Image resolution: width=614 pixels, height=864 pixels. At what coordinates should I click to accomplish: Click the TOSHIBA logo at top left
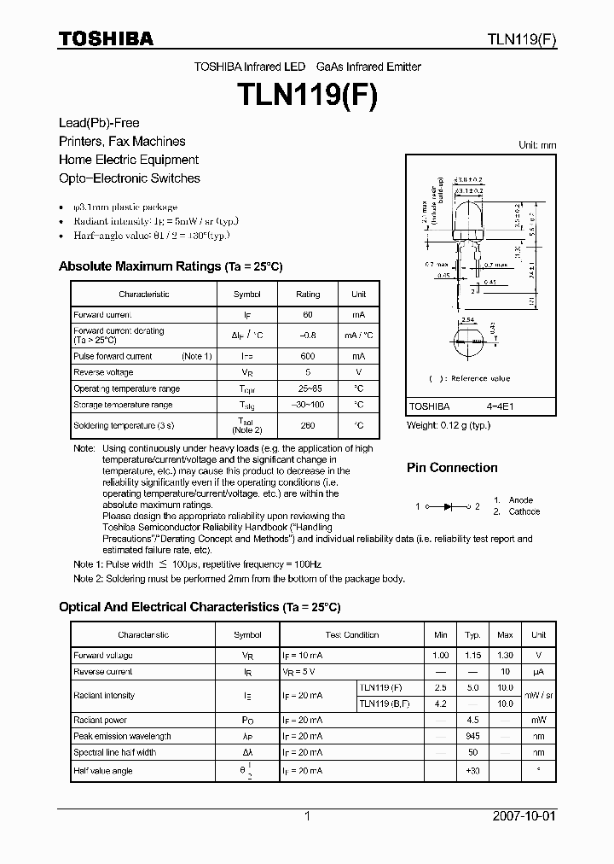(106, 38)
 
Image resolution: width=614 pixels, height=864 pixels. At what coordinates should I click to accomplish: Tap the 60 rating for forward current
(308, 315)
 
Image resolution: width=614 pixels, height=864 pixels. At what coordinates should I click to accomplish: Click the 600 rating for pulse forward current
(308, 356)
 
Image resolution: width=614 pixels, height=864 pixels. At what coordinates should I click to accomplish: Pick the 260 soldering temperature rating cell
(308, 425)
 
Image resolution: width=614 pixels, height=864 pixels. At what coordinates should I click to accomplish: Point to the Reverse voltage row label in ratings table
(103, 372)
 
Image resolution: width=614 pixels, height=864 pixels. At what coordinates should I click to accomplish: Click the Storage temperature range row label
(123, 405)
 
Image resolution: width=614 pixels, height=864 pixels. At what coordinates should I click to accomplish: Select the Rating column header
(308, 294)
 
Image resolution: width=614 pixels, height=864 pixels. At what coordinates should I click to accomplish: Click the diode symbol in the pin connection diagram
(448, 506)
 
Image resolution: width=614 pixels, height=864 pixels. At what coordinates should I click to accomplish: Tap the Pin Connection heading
(452, 468)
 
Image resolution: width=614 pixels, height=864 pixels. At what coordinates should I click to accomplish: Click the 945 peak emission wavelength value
(472, 736)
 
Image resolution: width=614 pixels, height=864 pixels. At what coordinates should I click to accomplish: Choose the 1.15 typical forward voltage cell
(472, 655)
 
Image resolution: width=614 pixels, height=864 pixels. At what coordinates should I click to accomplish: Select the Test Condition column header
(351, 635)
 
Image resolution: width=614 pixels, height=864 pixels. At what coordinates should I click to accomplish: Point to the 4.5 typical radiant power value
(472, 720)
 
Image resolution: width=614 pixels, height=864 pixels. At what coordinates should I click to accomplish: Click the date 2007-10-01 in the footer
(524, 816)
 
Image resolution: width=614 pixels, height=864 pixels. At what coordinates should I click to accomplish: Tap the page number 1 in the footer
(307, 816)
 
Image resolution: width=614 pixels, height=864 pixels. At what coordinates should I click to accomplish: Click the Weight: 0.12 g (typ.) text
(449, 425)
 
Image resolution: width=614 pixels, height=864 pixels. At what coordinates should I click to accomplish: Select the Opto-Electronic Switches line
(130, 178)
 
